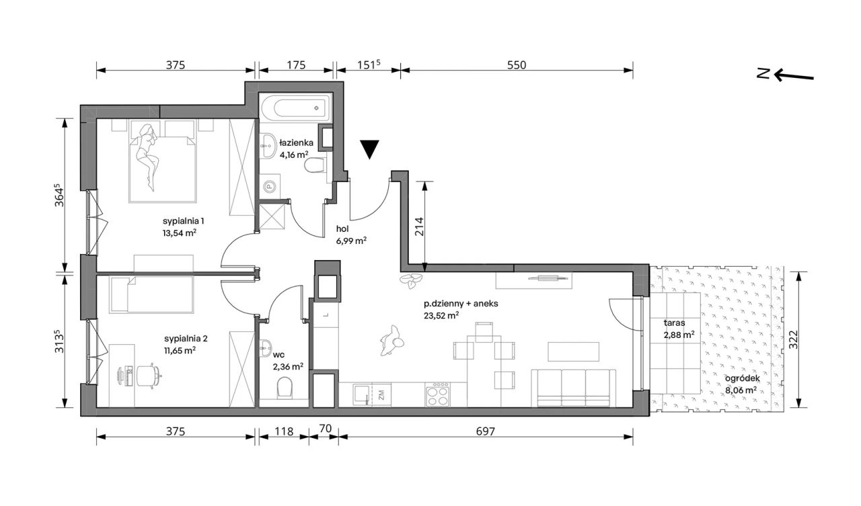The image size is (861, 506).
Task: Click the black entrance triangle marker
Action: (370, 149)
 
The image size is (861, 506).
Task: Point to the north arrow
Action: (793, 76)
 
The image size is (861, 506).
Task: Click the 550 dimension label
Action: (516, 65)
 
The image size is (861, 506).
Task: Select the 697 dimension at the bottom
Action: (486, 431)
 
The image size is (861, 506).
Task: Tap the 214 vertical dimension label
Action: (419, 226)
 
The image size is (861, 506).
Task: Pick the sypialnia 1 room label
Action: (184, 221)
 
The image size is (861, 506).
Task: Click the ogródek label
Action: (742, 378)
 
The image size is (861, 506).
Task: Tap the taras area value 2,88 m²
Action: (679, 335)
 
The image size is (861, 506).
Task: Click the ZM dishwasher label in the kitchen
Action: (381, 395)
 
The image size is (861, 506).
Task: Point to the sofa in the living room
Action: (574, 388)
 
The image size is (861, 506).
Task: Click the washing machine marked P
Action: (270, 187)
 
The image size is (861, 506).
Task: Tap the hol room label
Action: (342, 229)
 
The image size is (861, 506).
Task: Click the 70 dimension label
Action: (325, 429)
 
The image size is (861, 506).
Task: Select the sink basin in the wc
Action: (266, 348)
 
